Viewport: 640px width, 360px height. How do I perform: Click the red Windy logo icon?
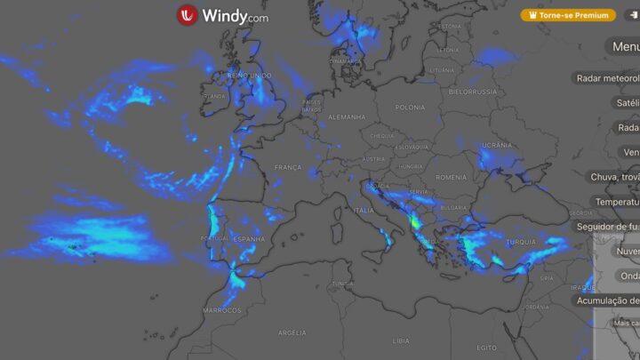coord(188,15)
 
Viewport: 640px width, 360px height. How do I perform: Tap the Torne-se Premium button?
coord(568,15)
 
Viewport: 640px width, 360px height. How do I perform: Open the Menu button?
coord(625,46)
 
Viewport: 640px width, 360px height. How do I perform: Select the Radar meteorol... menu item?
coord(608,78)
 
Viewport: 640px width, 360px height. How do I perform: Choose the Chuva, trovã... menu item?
coord(615,177)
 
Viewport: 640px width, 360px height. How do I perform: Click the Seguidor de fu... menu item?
coord(613,227)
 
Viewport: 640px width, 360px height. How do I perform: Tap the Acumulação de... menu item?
coord(608,300)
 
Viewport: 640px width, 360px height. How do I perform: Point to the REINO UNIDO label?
coord(250,76)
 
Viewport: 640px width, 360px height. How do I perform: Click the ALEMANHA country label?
coord(347,117)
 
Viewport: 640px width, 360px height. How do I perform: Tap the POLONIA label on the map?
coord(410,108)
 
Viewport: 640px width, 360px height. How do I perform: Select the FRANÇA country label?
coord(288,167)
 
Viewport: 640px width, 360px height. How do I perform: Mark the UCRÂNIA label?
coord(496,145)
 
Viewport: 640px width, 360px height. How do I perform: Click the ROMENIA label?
coord(451,177)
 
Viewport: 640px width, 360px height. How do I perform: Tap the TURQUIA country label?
coord(520,242)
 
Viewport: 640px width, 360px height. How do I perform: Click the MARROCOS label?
coord(221,310)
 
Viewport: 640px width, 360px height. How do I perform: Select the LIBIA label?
coord(402,340)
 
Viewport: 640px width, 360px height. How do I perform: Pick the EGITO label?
coord(486,347)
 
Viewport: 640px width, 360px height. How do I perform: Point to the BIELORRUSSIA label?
coord(473,92)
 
